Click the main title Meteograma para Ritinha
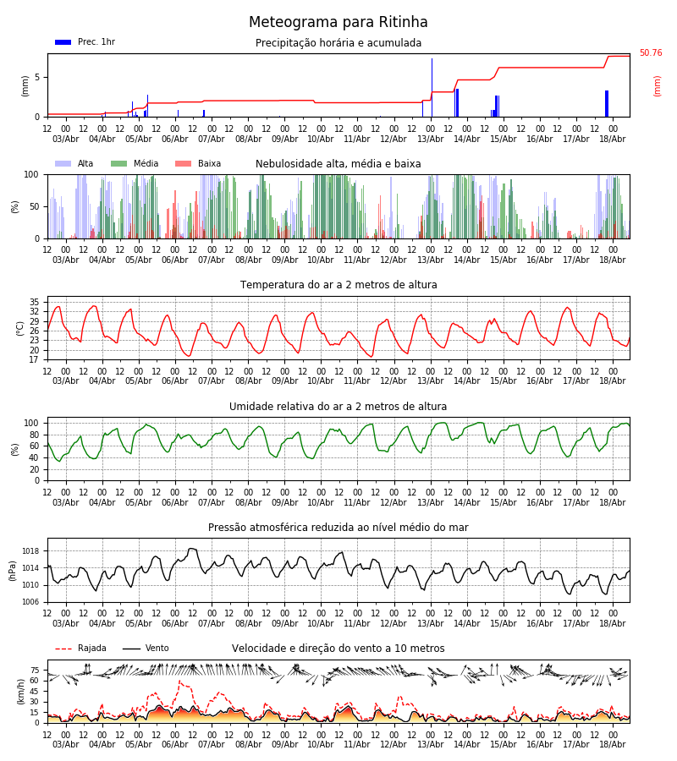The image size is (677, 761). tap(338, 22)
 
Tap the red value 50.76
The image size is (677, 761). tap(651, 53)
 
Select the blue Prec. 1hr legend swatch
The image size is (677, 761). tap(63, 42)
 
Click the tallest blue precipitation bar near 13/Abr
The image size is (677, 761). tap(432, 87)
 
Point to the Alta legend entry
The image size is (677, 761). tap(74, 163)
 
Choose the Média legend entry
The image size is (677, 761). tap(135, 163)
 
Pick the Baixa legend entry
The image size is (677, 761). tap(198, 163)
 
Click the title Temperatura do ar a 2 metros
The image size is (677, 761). tap(338, 285)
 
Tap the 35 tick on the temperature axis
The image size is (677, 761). tap(34, 302)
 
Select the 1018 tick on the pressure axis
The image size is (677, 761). tap(31, 551)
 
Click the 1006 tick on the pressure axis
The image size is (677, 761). tap(31, 602)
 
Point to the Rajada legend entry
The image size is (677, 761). tap(80, 649)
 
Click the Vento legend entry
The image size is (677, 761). tap(146, 649)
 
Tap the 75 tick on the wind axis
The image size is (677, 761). tap(35, 671)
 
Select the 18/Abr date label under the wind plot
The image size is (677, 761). tap(613, 744)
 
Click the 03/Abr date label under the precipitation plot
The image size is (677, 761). tap(65, 139)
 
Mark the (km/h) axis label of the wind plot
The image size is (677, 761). tap(20, 692)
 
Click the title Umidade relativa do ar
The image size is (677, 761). tap(338, 407)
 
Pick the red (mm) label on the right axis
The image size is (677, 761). tap(657, 86)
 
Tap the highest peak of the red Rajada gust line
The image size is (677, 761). tap(179, 682)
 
